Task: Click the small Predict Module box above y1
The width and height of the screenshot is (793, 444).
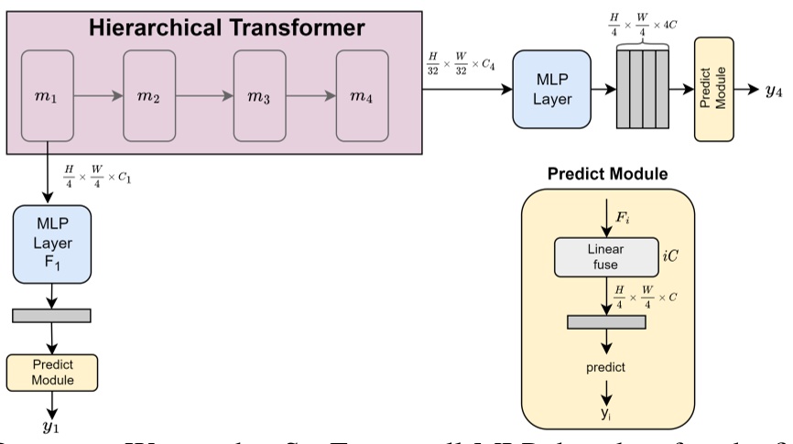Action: pos(51,371)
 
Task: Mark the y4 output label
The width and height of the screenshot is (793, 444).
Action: pos(773,90)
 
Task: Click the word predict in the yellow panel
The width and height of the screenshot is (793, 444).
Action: pos(606,366)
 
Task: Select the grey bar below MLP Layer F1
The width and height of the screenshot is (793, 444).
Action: pos(51,315)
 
